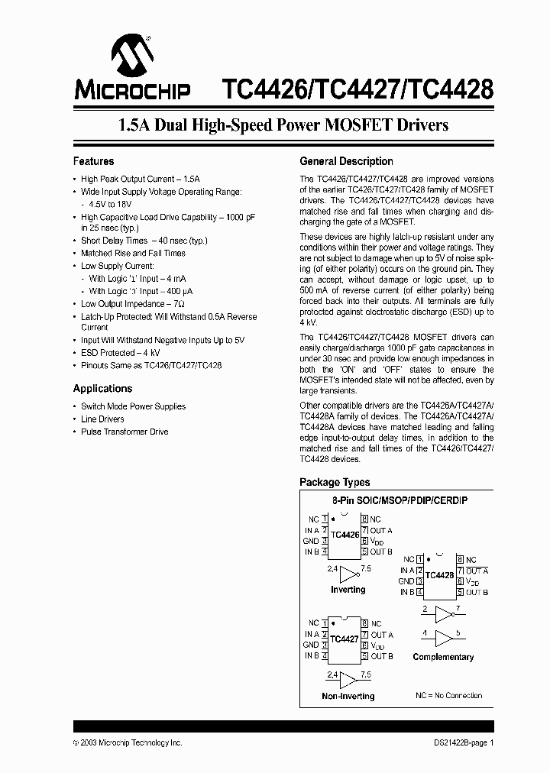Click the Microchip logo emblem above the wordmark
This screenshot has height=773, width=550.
point(132,54)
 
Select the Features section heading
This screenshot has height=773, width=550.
point(93,161)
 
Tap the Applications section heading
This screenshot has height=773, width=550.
point(102,389)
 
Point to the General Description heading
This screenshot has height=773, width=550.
point(346,161)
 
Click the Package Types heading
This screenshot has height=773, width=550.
point(335,482)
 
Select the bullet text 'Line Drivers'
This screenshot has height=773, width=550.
point(102,419)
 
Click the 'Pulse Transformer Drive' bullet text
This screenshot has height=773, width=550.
point(125,432)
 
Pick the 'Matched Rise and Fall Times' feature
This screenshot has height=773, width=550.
point(133,253)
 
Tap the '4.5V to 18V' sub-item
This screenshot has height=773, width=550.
point(111,204)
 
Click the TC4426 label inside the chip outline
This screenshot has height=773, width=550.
point(345,535)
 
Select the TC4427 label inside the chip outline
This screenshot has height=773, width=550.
point(345,639)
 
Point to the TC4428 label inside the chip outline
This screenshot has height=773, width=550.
point(439,575)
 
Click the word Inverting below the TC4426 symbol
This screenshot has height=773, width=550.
point(348,590)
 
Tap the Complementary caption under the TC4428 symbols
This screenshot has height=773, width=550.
point(443,657)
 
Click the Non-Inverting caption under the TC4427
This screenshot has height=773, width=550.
point(348,696)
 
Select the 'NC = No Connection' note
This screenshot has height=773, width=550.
point(448,696)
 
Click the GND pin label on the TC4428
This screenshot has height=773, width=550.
point(406,581)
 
